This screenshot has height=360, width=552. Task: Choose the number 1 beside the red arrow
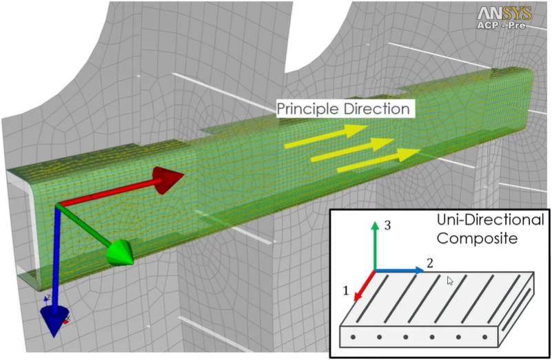coord(346,291)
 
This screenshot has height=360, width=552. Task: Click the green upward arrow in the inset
coord(374,245)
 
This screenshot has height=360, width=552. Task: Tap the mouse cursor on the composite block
coord(449,281)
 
